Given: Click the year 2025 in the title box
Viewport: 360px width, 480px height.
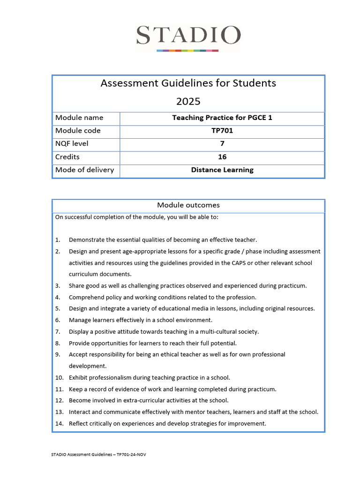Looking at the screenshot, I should [188, 101].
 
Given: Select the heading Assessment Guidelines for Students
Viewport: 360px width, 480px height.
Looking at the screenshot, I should [188, 83].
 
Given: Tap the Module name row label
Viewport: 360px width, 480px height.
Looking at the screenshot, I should [79, 118].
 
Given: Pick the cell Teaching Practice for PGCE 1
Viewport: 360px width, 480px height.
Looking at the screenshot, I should [222, 118].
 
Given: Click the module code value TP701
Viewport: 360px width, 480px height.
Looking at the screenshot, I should [222, 131].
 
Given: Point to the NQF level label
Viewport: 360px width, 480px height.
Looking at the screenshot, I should [72, 143].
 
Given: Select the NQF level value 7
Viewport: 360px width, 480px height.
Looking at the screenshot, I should [222, 144].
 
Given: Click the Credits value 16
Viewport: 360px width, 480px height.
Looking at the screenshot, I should [222, 157].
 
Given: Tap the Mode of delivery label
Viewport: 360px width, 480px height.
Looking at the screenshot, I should [84, 170].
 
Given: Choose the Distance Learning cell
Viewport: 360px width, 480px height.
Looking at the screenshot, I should [222, 170].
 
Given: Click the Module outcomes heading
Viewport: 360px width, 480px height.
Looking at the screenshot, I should [188, 205].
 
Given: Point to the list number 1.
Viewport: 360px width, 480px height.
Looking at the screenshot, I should [58, 240].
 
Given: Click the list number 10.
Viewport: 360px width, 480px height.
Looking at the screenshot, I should [59, 377].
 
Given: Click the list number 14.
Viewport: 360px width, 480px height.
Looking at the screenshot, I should [59, 423].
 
